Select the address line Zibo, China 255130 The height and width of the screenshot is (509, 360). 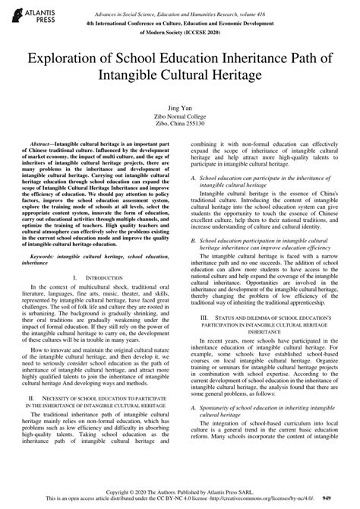click(x=180, y=126)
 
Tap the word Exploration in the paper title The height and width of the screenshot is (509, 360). click(x=68, y=59)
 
